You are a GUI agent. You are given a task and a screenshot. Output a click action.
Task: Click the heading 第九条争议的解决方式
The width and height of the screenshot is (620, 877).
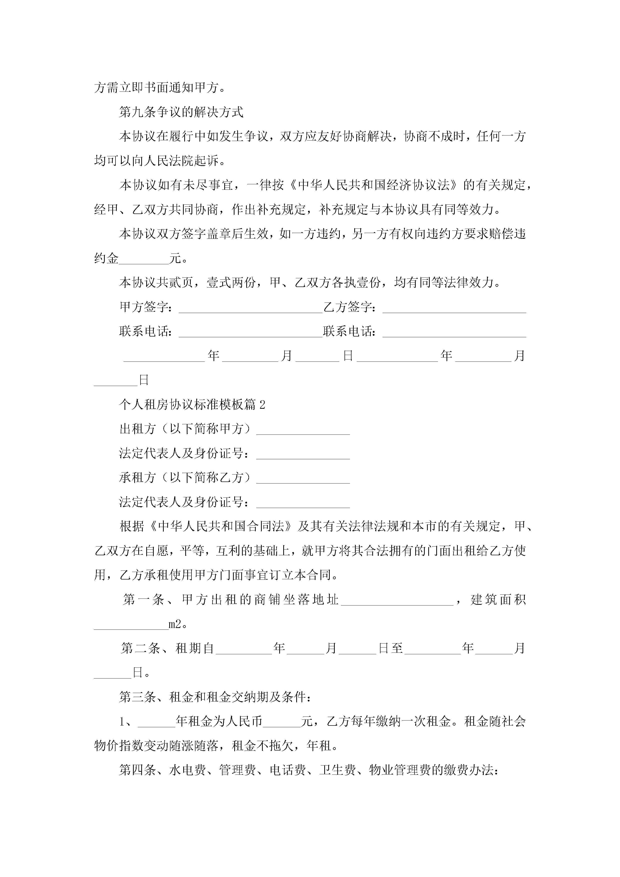coord(181,112)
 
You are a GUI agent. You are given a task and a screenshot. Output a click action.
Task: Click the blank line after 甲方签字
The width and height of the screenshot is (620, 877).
coord(250,308)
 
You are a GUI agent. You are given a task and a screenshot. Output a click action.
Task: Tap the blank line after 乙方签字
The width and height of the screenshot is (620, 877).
coord(454,308)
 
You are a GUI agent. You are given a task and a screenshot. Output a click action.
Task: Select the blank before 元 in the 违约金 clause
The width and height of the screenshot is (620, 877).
coord(144,259)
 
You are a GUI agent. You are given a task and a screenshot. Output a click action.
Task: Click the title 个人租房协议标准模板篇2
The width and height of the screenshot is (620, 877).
coord(192,404)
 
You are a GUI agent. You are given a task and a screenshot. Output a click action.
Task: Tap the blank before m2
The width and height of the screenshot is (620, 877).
coord(131,624)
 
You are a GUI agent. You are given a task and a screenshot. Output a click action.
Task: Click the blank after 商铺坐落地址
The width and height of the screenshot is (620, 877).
coord(397,600)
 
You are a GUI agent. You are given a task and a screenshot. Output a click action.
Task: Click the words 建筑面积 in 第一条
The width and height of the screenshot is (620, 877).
coord(498,600)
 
